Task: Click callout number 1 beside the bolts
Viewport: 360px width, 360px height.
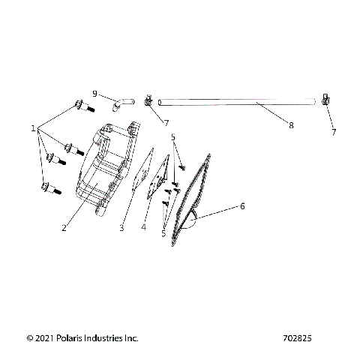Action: coord(34,128)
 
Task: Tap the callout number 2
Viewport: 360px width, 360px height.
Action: coord(64,228)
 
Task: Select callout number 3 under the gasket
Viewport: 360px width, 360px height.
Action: coord(121,228)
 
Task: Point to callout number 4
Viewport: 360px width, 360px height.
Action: coord(144,228)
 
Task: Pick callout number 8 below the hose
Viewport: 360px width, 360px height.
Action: coord(291,126)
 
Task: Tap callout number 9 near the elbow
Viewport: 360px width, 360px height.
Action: coord(94,93)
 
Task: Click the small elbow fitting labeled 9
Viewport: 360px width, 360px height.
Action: coord(122,101)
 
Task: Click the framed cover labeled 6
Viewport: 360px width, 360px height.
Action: coord(187,199)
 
